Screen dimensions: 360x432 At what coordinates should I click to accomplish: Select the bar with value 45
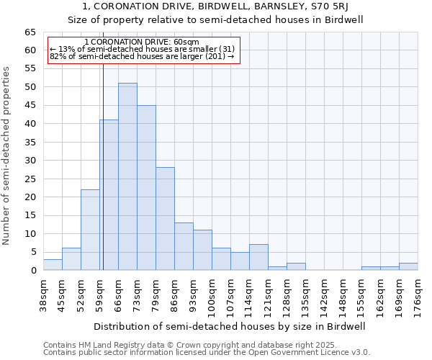point(146,188)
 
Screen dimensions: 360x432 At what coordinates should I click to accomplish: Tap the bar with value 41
point(109,195)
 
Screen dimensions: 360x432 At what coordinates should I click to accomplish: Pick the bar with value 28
point(165,219)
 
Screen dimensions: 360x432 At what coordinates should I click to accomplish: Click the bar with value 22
point(90,230)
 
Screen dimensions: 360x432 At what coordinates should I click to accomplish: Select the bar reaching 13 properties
point(184,246)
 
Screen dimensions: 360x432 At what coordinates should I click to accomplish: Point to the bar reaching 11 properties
point(202,250)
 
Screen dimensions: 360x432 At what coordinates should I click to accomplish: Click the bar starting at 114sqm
point(258,258)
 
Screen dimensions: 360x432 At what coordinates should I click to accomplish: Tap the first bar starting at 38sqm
point(53,265)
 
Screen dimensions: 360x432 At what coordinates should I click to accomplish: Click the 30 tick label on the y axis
point(30,161)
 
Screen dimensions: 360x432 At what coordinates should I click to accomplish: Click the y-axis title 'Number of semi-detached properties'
point(7,156)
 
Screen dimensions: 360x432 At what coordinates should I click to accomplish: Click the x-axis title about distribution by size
point(230,326)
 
